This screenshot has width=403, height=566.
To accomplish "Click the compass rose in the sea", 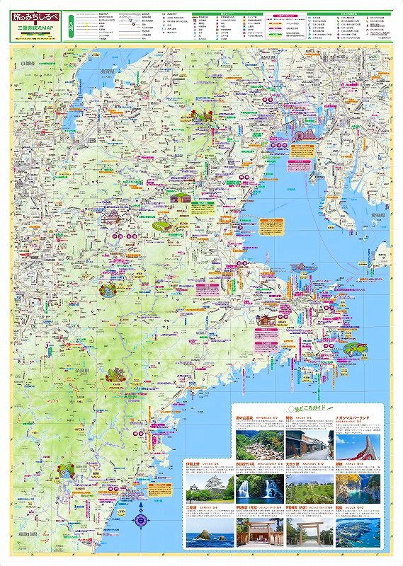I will [141, 520].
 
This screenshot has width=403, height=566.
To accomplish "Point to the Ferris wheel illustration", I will [297, 132].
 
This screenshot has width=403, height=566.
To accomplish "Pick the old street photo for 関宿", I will [308, 444].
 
